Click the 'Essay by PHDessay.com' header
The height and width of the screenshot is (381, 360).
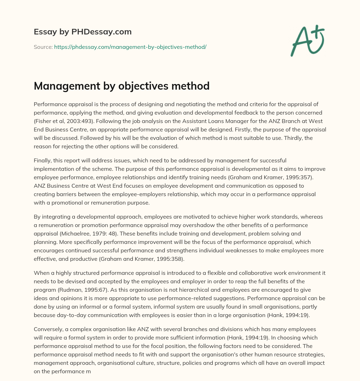[x=83, y=32]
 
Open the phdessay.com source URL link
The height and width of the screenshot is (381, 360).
[x=130, y=47]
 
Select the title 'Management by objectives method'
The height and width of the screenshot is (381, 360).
[x=122, y=86]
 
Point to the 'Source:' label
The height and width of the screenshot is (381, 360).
[x=43, y=47]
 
